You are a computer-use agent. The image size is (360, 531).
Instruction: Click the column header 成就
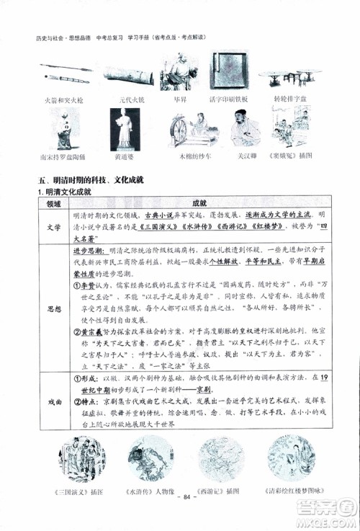(x=200, y=204)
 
